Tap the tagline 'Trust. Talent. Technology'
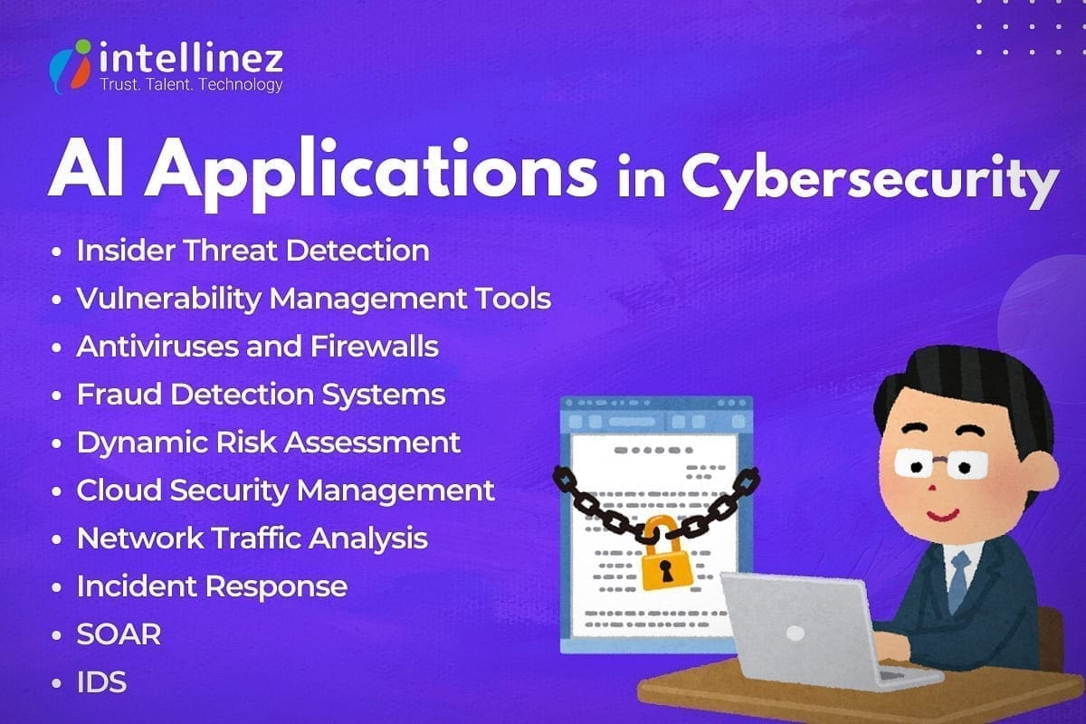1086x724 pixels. tap(190, 85)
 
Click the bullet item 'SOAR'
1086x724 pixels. tap(119, 634)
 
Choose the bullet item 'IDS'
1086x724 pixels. tap(101, 681)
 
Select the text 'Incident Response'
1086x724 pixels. tap(212, 586)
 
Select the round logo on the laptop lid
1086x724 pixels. tap(795, 633)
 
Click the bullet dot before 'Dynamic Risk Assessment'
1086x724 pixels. tap(58, 443)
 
